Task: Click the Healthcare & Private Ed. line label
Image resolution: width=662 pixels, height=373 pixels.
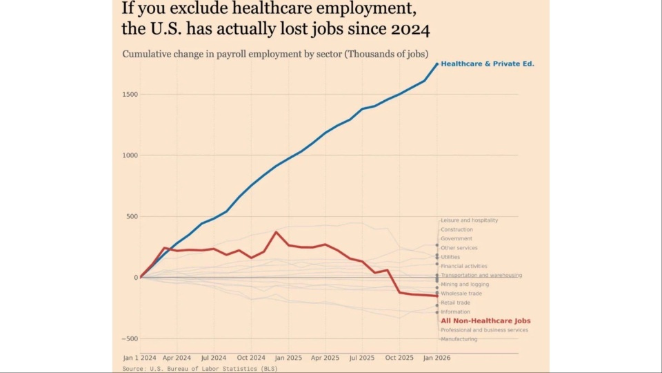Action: click(x=487, y=64)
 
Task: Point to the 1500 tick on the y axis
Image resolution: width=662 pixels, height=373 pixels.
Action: click(x=130, y=95)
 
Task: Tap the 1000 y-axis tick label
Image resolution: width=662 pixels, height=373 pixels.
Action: click(x=130, y=155)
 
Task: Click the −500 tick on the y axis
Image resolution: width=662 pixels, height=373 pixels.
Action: click(x=130, y=338)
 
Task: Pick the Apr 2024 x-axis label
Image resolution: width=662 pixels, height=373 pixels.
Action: click(x=177, y=358)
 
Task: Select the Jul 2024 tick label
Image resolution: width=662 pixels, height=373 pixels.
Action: click(x=214, y=358)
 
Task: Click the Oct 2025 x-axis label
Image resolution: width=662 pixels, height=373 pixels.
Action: click(x=399, y=358)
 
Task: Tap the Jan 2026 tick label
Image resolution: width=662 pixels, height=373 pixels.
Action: click(x=437, y=358)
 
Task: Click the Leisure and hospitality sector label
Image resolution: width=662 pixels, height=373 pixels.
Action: click(x=469, y=220)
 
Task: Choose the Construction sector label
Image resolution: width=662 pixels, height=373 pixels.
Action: click(x=457, y=229)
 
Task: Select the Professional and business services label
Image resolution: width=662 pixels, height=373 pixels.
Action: click(x=484, y=330)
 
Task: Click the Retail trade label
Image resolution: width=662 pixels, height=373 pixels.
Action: click(x=456, y=303)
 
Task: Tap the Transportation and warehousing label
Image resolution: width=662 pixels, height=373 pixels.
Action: click(x=481, y=275)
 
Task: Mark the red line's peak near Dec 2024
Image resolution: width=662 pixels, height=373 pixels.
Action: click(x=277, y=232)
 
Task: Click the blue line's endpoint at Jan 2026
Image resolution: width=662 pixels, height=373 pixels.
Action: click(x=437, y=64)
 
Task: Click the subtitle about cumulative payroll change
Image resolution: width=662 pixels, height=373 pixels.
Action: click(x=275, y=54)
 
